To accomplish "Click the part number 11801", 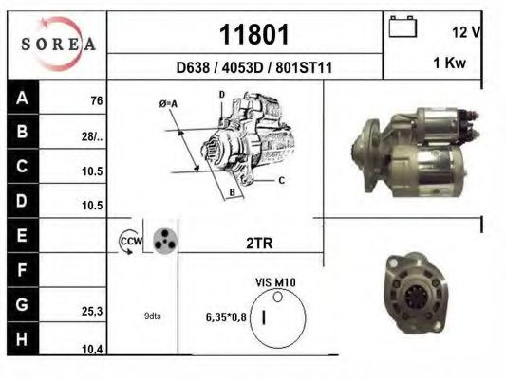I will point(253,34).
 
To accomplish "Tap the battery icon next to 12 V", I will point(403,27).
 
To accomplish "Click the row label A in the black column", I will point(22,97).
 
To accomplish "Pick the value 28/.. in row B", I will point(92,137).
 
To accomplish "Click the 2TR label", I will point(259,244).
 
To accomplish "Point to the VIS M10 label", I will point(276,282).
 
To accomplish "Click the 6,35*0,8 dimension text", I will point(226,316).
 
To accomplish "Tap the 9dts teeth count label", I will point(152,316).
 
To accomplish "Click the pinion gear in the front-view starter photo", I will point(414,296).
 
